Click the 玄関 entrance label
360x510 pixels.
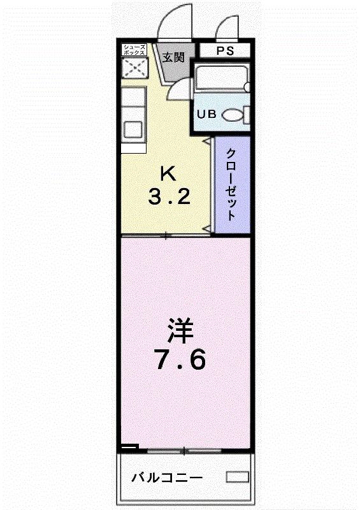point(173,57)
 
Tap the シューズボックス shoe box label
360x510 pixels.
point(134,50)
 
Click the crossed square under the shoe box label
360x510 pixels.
point(134,69)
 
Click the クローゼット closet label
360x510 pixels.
point(231,185)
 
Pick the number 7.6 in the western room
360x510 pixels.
point(180,360)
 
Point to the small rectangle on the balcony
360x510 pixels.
point(237,477)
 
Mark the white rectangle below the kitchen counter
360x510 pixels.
point(134,148)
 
